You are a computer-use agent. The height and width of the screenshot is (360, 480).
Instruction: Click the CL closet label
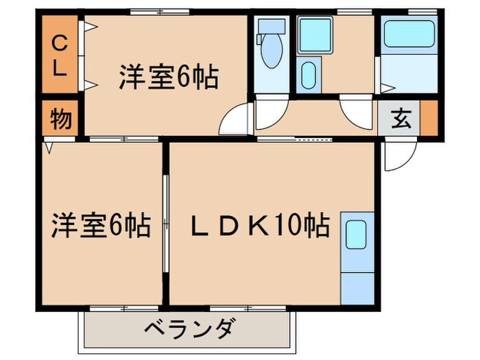[60, 58]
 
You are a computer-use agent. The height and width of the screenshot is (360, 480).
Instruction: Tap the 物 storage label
[60, 119]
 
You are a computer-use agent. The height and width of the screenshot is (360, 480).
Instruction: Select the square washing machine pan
[315, 34]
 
